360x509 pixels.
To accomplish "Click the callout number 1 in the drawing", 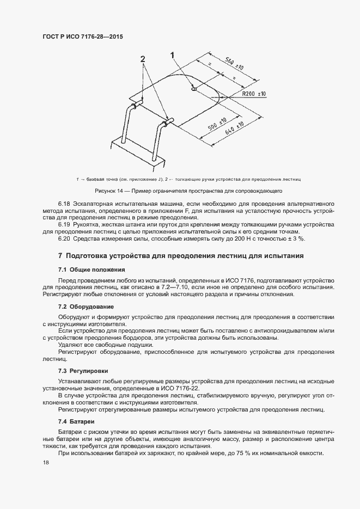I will click(173, 54).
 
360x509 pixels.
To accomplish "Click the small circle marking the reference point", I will click(194, 90).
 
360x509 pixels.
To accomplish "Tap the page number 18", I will click(46, 463).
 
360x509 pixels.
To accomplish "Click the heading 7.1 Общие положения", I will click(91, 269).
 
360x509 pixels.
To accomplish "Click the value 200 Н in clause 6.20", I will click(245, 238).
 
